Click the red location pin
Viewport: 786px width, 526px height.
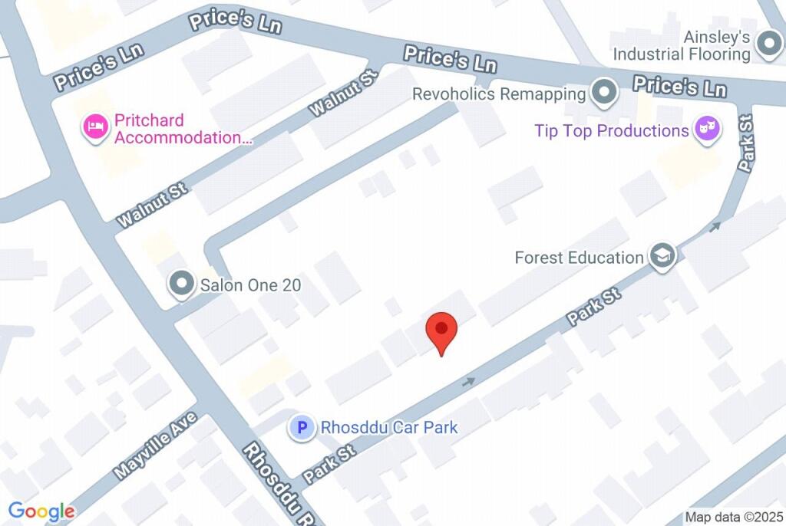coord(441,330)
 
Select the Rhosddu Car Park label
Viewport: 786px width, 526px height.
coord(389,427)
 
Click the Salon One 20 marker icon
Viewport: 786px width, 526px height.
coord(182,284)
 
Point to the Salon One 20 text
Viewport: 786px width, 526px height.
coord(250,285)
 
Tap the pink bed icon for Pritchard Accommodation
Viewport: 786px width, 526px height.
coord(95,127)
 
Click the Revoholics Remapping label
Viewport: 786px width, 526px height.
coord(499,94)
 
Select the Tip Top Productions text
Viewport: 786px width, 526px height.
coord(612,130)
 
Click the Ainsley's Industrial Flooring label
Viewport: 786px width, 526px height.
coord(681,45)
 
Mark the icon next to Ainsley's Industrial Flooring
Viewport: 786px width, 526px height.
coord(768,44)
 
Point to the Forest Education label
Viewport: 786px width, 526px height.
coord(579,258)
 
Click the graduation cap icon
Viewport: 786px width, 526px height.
coord(662,257)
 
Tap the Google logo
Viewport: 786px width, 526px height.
coord(41,511)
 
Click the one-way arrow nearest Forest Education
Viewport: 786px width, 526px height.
coord(715,226)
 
